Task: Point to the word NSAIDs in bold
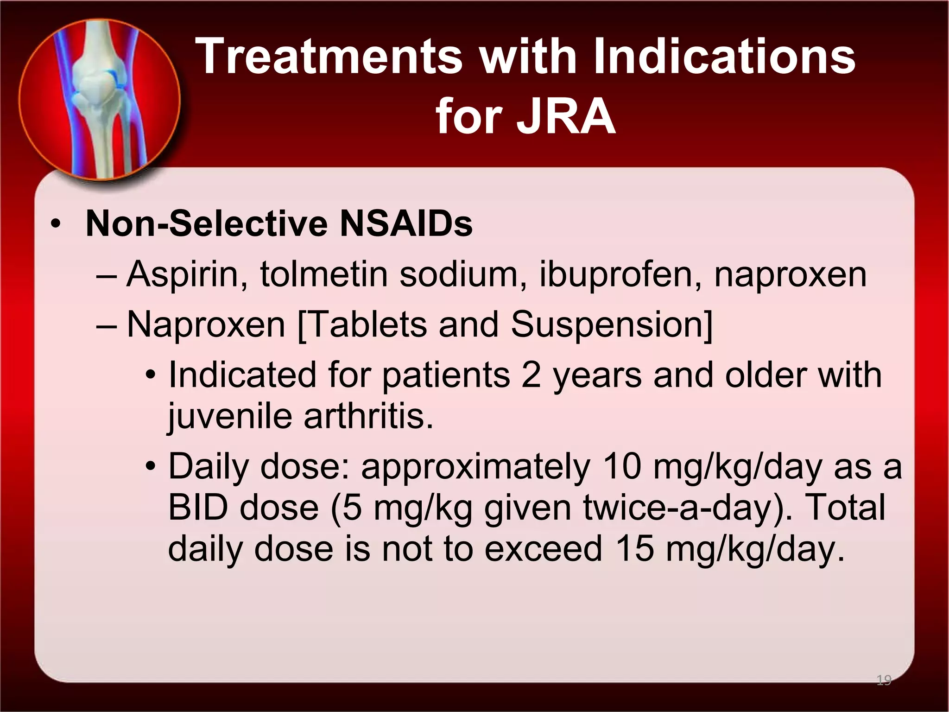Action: point(406,224)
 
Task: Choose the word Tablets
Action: point(366,324)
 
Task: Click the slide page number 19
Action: point(884,680)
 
